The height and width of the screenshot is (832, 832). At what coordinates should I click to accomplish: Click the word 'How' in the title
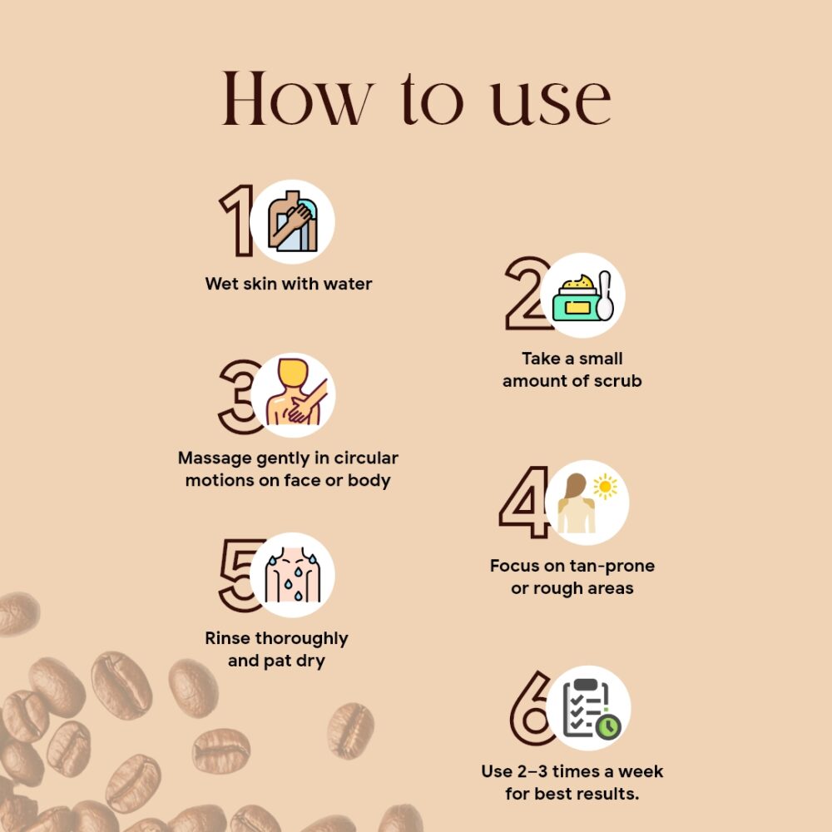[295, 99]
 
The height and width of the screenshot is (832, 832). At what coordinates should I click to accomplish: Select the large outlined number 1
[236, 220]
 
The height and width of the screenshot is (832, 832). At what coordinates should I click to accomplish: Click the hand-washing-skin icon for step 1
[292, 221]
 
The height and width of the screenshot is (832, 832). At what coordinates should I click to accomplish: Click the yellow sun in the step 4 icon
[605, 487]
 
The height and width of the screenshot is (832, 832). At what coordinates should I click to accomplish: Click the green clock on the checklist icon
[609, 727]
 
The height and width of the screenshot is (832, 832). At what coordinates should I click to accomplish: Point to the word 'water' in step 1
[348, 284]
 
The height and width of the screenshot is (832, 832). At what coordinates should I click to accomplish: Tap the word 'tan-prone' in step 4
[613, 567]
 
